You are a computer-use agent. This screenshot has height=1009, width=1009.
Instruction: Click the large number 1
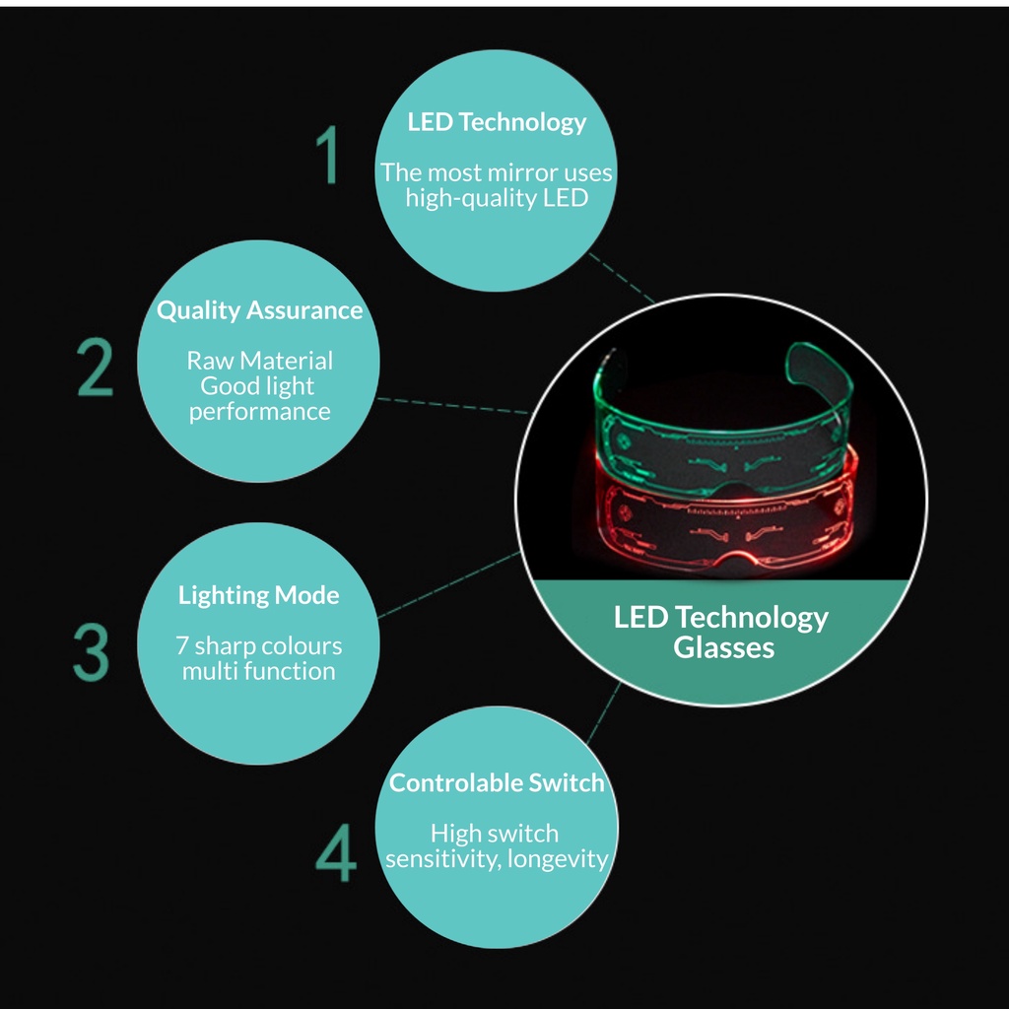pyautogui.click(x=327, y=155)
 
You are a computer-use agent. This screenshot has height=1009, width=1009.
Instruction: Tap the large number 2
pyautogui.click(x=95, y=369)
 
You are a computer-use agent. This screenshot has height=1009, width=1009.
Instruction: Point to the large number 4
pyautogui.click(x=335, y=854)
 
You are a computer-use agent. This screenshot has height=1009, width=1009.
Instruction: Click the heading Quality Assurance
pyautogui.click(x=260, y=310)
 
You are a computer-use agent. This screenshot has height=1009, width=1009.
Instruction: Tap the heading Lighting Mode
pyautogui.click(x=258, y=595)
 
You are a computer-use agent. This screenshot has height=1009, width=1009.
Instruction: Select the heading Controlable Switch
pyautogui.click(x=497, y=783)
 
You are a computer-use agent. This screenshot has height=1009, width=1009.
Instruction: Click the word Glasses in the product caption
pyautogui.click(x=723, y=647)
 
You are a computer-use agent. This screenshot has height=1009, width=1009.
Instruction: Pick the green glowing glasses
pyautogui.click(x=723, y=414)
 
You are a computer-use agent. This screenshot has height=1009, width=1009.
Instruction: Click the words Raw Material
pyautogui.click(x=260, y=361)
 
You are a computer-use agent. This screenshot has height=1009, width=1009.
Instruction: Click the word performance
pyautogui.click(x=260, y=412)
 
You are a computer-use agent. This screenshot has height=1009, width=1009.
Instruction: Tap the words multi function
pyautogui.click(x=258, y=672)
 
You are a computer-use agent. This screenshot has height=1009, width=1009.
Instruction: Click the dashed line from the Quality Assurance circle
pyautogui.click(x=453, y=405)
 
